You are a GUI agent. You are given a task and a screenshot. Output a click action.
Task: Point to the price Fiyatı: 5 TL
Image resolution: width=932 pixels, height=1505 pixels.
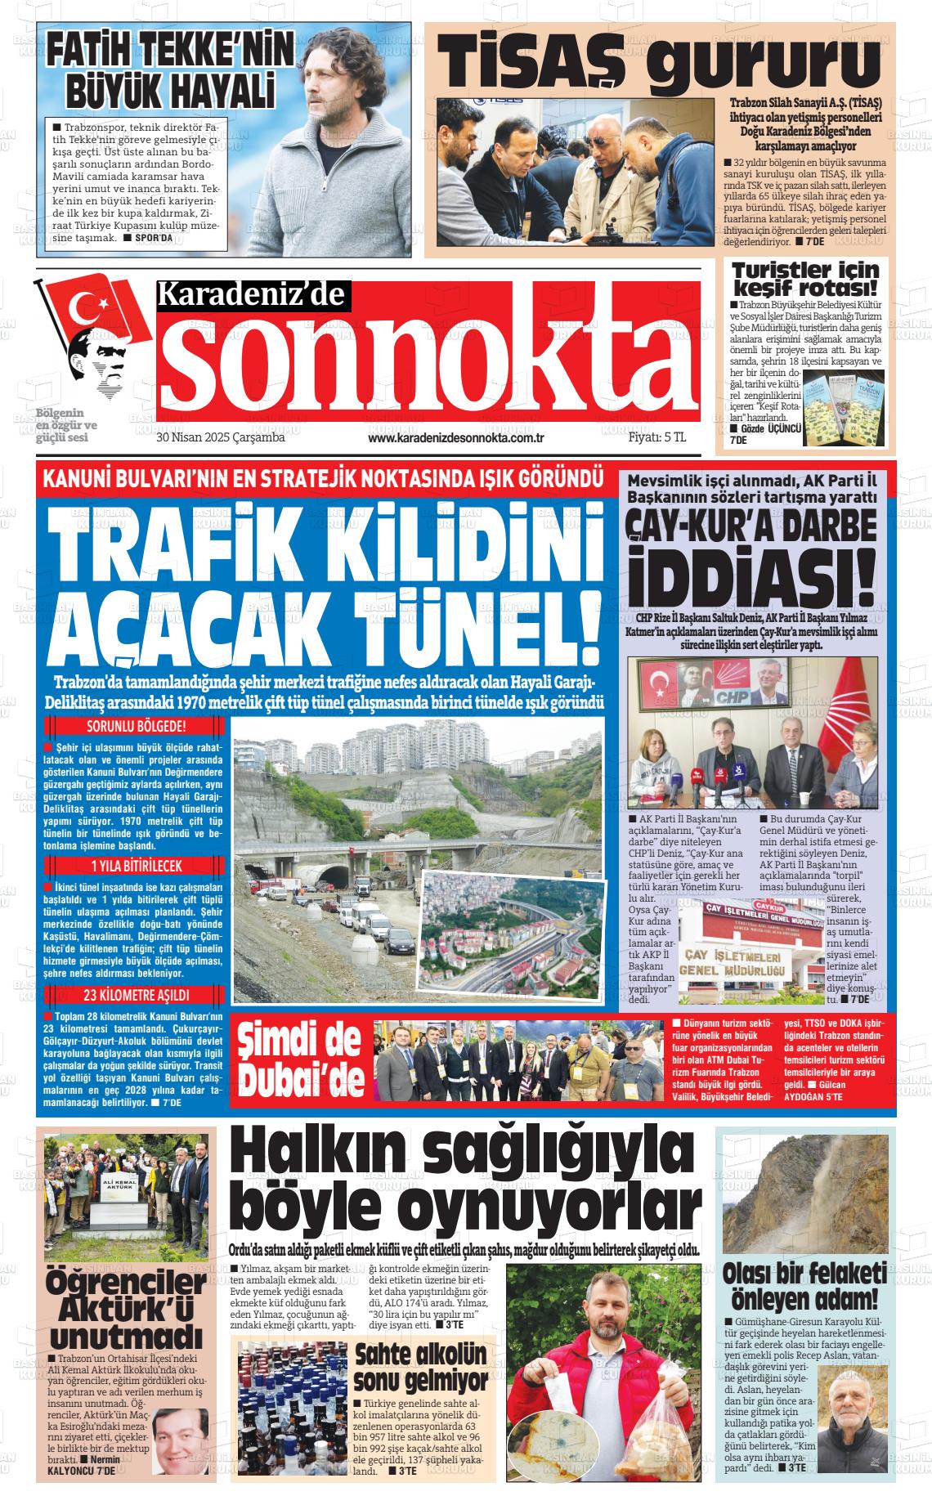[x=656, y=437]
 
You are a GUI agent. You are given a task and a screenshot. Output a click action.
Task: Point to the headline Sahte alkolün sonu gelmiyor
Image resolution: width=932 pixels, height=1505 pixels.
[x=420, y=1365]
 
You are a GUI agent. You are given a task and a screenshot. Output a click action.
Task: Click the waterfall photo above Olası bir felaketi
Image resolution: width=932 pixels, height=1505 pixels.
[x=804, y=1193]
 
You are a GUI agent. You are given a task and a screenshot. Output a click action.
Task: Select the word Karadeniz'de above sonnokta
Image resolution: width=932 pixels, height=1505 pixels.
[x=253, y=295]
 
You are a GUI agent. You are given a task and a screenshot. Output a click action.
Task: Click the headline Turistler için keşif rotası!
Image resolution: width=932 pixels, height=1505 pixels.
[x=805, y=279]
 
